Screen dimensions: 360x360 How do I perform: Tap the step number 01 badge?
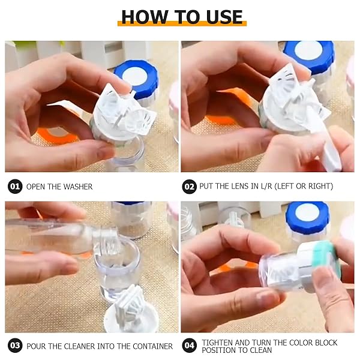tap(15, 186)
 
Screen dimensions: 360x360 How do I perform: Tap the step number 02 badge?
tap(189, 187)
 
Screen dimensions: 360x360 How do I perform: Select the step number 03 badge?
tap(15, 346)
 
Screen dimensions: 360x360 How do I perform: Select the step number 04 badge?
tap(189, 346)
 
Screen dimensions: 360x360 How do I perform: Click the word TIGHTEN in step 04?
tap(217, 343)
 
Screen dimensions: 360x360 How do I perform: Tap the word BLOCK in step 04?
tap(326, 343)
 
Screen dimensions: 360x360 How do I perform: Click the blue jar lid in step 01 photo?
tap(136, 78)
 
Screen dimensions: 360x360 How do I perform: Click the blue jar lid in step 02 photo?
tap(309, 56)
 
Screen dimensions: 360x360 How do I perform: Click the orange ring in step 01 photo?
tap(55, 136)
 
